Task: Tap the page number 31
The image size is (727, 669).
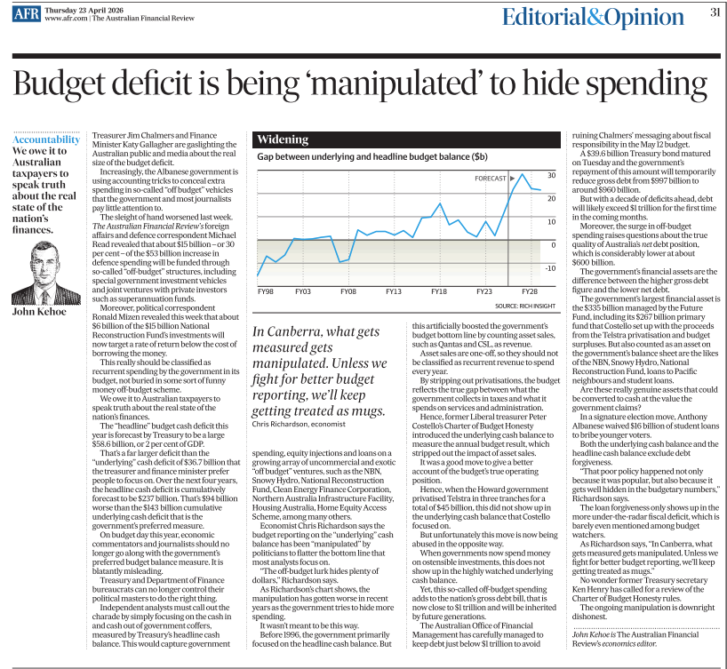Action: tap(715, 12)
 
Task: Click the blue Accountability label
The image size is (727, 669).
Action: tap(46, 139)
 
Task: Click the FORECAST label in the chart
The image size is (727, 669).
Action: tap(491, 179)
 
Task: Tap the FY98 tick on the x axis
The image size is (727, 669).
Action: tap(265, 291)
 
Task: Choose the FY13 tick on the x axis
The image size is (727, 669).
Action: tap(393, 291)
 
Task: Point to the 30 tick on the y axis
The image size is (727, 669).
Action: tap(551, 176)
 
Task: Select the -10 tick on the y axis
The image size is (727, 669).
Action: tap(550, 268)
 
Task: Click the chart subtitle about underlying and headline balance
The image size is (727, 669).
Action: tap(372, 156)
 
